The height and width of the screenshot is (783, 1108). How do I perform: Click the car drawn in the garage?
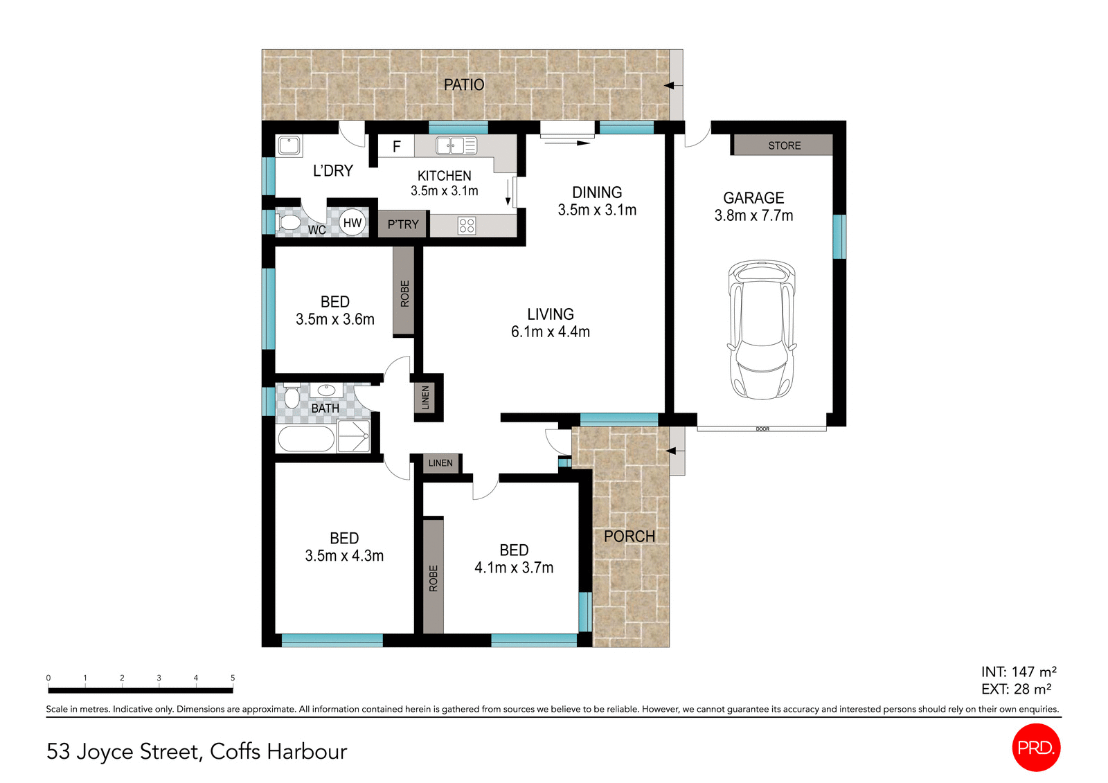click(761, 330)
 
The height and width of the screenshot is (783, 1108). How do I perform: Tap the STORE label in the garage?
click(784, 145)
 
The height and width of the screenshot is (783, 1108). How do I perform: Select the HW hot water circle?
click(352, 223)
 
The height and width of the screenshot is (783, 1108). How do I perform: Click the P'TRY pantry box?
click(402, 224)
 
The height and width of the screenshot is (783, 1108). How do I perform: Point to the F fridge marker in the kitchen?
click(397, 147)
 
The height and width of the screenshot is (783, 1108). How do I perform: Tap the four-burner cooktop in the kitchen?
click(467, 225)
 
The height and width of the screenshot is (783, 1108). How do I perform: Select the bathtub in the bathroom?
click(305, 439)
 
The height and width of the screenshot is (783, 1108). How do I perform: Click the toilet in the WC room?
click(288, 222)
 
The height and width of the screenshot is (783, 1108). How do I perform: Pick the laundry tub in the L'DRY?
click(289, 145)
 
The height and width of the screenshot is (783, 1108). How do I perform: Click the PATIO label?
click(464, 84)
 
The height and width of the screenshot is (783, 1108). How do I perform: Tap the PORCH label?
click(629, 537)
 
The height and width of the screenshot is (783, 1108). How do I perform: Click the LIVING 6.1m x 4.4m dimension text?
click(551, 332)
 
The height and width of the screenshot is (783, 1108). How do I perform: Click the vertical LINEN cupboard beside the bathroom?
click(425, 397)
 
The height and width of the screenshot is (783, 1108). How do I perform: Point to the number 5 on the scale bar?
click(233, 678)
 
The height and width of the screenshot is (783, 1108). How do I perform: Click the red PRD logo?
click(1036, 748)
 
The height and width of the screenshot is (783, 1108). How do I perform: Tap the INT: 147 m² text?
click(1018, 672)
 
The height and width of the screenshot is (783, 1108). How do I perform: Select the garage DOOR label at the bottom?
click(762, 429)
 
